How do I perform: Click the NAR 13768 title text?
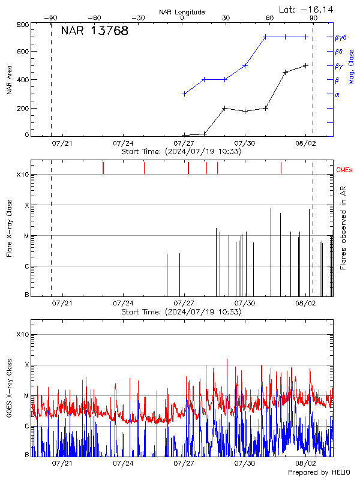(94, 31)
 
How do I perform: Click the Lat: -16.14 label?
(306, 10)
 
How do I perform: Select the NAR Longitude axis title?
(182, 12)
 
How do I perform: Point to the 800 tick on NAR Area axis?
(23, 25)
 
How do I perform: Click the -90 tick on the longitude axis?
(51, 19)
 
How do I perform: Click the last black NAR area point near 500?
(306, 65)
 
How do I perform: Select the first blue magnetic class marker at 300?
(184, 94)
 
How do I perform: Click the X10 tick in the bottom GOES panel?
(23, 334)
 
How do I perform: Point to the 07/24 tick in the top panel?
(123, 143)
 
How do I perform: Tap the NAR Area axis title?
(9, 80)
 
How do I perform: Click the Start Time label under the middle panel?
(181, 312)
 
